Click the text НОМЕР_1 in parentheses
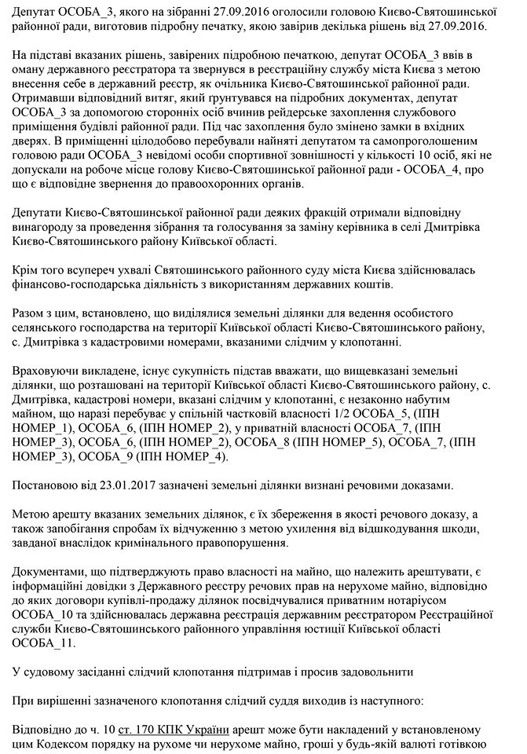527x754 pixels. pos(48,427)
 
